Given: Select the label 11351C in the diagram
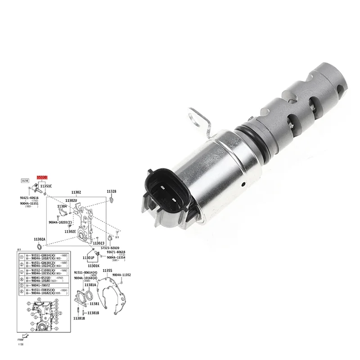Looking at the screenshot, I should (46, 185).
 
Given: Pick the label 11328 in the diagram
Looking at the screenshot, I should (112, 191).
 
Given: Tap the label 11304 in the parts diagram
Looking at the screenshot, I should (62, 206).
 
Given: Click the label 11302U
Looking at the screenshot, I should (71, 200).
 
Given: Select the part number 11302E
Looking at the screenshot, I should (70, 231).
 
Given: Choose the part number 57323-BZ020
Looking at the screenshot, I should (110, 247).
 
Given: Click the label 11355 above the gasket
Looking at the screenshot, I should (107, 270).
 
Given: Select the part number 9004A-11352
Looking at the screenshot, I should (121, 274).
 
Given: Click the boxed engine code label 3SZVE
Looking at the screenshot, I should (25, 181).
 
